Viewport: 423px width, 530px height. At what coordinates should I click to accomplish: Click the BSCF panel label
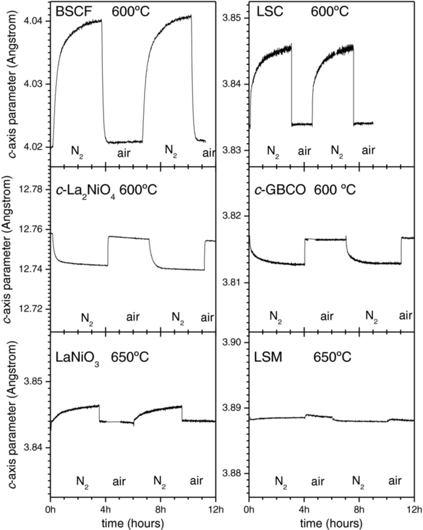[x=74, y=12]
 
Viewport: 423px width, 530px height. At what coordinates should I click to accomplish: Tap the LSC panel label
[x=270, y=12]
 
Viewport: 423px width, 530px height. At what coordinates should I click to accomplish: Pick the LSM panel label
[x=268, y=357]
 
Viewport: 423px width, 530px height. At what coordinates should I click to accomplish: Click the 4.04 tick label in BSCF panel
[x=35, y=21]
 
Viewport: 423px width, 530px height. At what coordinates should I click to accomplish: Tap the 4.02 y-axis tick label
[x=35, y=147]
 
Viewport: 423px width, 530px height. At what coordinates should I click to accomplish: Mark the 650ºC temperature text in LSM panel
[x=332, y=357]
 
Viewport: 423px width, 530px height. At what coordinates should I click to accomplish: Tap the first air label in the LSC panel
[x=304, y=151]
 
